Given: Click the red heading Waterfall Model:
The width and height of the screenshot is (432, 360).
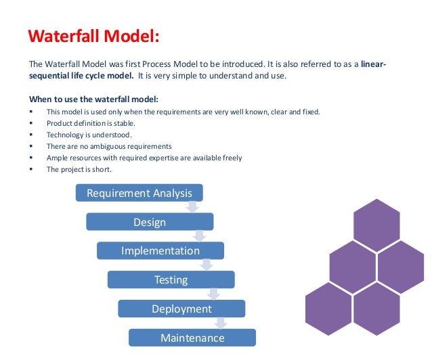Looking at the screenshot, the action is tap(94, 35).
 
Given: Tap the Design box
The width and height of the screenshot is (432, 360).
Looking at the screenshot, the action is tap(149, 222).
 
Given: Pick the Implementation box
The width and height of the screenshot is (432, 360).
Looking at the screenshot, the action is tap(160, 251).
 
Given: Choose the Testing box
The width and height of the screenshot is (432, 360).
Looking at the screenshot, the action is tap(171, 279).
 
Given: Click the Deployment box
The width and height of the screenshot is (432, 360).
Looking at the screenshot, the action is tap(181, 309).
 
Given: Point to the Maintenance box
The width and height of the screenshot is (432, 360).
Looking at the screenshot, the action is tap(192, 338).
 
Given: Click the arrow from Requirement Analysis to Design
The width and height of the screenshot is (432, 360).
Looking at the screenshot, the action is tap(192, 206).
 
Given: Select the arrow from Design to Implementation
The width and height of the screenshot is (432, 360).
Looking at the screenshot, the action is tap(200, 235).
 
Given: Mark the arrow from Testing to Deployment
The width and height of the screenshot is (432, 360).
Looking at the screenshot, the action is tap(214, 293).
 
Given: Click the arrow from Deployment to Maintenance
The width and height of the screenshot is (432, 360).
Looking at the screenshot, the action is tap(222, 323).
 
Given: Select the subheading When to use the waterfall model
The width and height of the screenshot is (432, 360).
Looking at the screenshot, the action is tap(93, 99).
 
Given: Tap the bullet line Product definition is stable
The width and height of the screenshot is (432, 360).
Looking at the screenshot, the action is tap(89, 123).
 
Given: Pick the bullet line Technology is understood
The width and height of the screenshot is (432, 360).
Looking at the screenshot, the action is tap(85, 135).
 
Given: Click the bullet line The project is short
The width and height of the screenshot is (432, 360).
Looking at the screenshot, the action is tap(78, 169).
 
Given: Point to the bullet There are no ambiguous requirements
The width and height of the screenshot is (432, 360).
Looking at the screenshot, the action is tap(108, 146).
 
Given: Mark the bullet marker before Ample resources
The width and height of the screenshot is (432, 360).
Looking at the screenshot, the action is tap(32, 158).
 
